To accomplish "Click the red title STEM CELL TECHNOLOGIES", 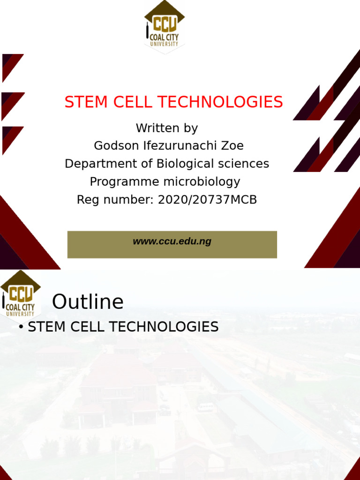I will pos(173,102).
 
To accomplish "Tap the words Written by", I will pos(167,128).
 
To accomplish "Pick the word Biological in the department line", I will pos(185,164).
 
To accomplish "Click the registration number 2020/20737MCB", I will pos(207,200).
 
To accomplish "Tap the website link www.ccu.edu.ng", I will pos(172,241).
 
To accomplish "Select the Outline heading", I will pos(88,302).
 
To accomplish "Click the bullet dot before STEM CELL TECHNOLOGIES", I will pos(21,327).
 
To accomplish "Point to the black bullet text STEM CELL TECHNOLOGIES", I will pos(123,327).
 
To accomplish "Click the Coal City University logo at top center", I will pos(164,26).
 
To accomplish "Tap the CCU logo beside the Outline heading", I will pos(20,294).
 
